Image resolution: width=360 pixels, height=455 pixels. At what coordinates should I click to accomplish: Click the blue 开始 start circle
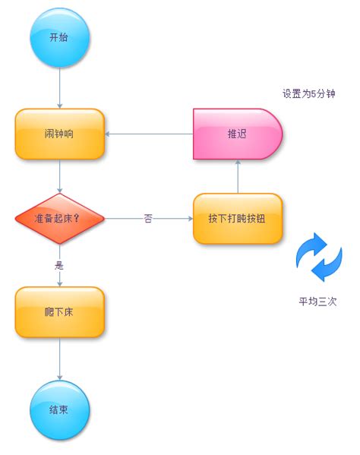[60, 37]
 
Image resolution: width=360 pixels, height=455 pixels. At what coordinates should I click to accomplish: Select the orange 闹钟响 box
[60, 134]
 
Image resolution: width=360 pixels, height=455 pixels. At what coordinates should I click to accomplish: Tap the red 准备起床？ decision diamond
[59, 218]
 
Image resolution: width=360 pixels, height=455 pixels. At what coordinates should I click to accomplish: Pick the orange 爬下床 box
[60, 312]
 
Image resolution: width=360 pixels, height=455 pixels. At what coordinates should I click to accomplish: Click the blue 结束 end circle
[60, 409]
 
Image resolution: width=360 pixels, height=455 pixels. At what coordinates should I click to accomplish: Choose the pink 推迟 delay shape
[237, 134]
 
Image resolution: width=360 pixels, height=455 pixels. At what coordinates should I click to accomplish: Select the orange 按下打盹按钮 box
[237, 218]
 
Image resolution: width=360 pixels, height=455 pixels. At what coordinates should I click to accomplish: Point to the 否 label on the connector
[148, 218]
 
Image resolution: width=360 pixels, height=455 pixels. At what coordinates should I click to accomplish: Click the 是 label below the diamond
[59, 265]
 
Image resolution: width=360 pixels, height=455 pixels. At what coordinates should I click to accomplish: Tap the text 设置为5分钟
[309, 94]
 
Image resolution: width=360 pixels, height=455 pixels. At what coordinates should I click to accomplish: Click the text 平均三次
[317, 301]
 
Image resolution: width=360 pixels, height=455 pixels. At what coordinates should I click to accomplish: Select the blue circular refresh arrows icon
[319, 257]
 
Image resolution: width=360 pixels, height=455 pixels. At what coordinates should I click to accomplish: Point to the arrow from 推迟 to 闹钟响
[149, 134]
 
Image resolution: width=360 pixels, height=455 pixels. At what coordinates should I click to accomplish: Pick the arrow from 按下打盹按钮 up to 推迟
[238, 176]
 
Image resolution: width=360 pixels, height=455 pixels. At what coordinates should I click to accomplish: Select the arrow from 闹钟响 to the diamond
[60, 176]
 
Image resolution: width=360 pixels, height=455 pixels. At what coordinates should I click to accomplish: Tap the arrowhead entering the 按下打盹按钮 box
[189, 218]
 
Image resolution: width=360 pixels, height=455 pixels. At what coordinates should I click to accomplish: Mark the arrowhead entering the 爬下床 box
[60, 283]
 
